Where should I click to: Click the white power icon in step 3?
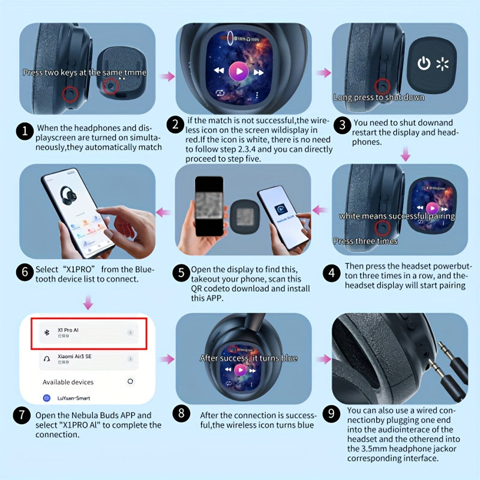click(x=424, y=64)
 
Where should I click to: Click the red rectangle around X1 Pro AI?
click(x=88, y=333)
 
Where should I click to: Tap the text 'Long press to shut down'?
click(x=379, y=97)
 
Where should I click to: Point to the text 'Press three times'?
click(x=365, y=241)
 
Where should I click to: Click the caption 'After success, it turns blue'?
click(x=248, y=358)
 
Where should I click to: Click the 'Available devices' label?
click(x=68, y=382)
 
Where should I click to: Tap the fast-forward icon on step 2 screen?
click(x=259, y=72)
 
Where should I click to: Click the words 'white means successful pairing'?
click(x=397, y=216)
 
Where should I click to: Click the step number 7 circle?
click(x=22, y=415)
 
